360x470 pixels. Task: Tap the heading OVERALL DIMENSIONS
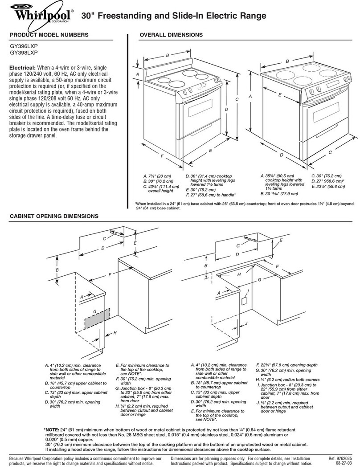[x=171, y=35]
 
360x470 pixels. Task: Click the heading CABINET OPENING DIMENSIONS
[x=54, y=216]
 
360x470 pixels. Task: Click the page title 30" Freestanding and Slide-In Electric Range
[x=174, y=16]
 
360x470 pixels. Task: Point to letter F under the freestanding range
[x=163, y=157]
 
